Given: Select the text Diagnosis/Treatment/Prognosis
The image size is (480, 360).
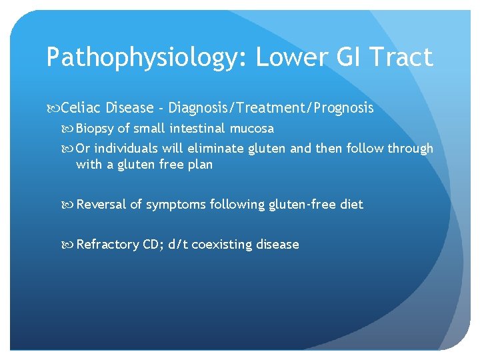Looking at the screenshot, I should (x=271, y=107).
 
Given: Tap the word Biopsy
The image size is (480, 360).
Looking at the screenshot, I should (x=95, y=128).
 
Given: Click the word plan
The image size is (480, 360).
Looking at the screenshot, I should (x=200, y=164).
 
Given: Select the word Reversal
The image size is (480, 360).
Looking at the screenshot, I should (x=101, y=205).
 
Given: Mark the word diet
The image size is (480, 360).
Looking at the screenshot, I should (x=351, y=205).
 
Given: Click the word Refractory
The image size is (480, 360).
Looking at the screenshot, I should (x=108, y=245).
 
